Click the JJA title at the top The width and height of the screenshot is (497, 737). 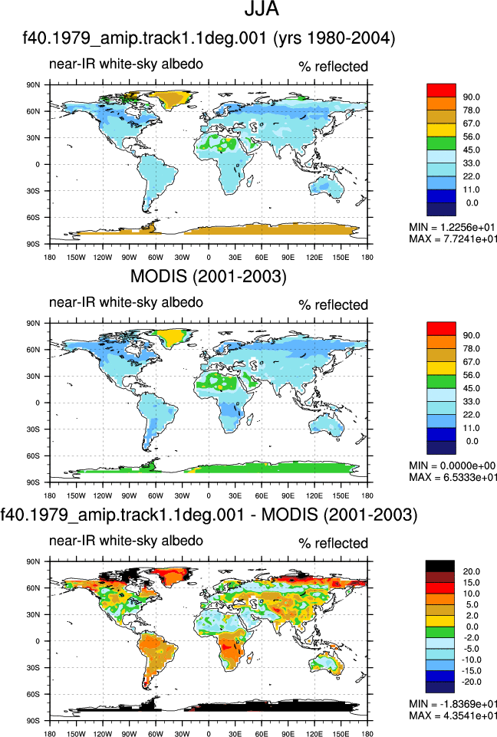pyautogui.click(x=262, y=8)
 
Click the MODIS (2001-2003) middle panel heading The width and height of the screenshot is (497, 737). pyautogui.click(x=209, y=276)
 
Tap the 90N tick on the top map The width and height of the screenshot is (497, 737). pyautogui.click(x=34, y=85)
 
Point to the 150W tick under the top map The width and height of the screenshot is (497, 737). pyautogui.click(x=76, y=257)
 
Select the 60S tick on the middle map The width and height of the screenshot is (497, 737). pyautogui.click(x=34, y=456)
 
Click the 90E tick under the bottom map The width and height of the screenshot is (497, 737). pyautogui.click(x=288, y=734)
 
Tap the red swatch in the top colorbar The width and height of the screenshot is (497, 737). pyautogui.click(x=441, y=90)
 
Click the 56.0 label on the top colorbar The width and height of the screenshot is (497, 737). pyautogui.click(x=471, y=137)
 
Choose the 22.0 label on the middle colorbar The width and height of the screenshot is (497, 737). pyautogui.click(x=471, y=415)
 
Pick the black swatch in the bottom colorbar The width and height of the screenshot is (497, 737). pyautogui.click(x=439, y=566)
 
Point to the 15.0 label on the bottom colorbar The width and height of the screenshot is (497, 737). pyautogui.click(x=471, y=582)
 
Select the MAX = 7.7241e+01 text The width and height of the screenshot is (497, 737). pyautogui.click(x=453, y=239)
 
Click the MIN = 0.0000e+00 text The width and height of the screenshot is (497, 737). pyautogui.click(x=453, y=466)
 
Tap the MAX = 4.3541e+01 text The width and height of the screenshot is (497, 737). pyautogui.click(x=453, y=716)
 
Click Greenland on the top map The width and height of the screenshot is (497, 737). pyautogui.click(x=172, y=99)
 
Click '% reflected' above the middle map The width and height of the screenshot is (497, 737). pyautogui.click(x=333, y=305)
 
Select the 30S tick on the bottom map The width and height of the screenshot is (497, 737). pyautogui.click(x=34, y=667)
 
